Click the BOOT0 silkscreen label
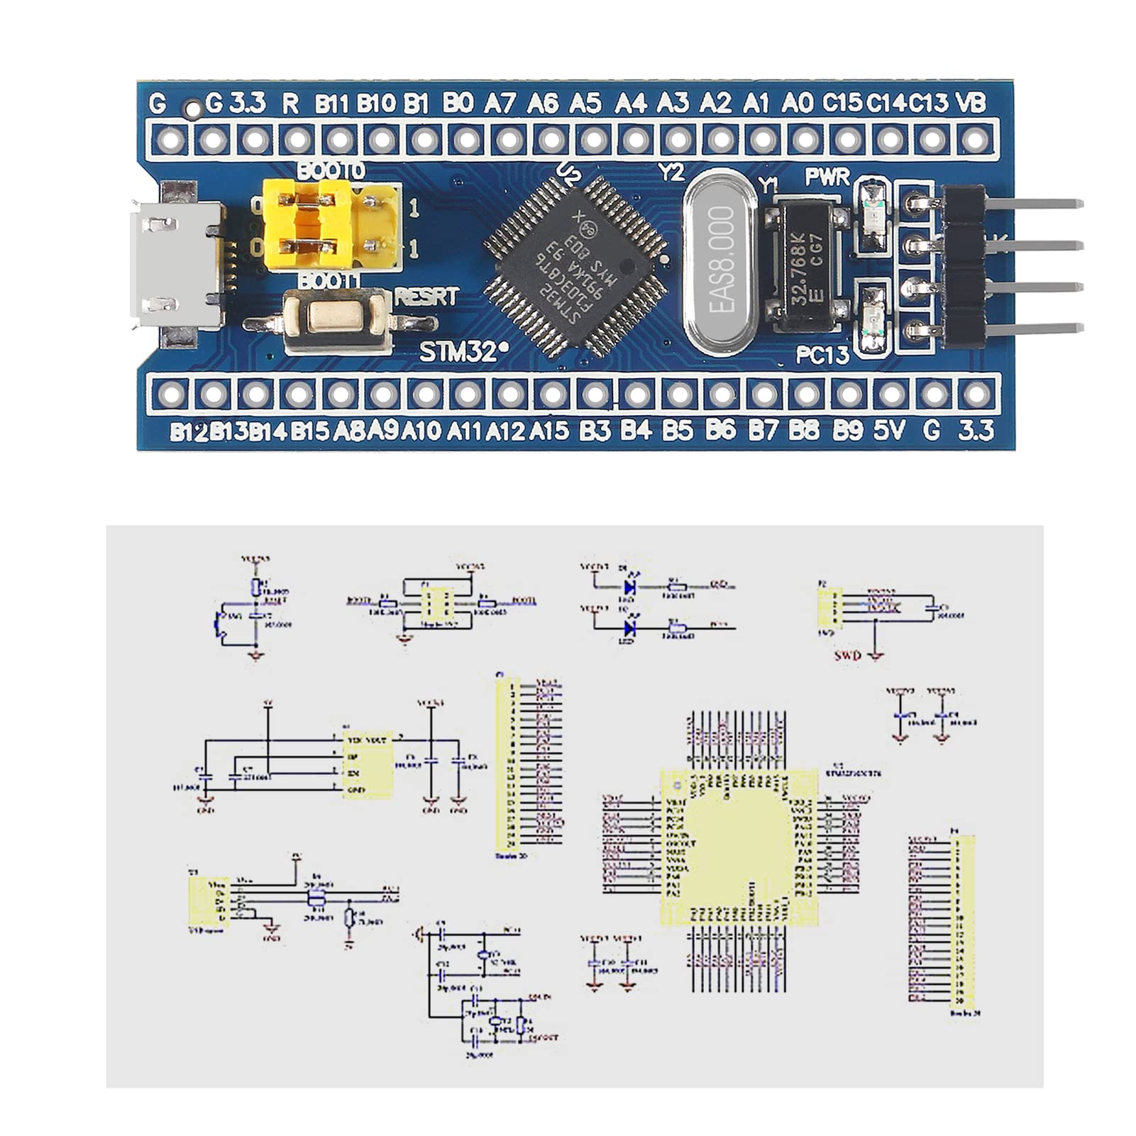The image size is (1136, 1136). pos(331,171)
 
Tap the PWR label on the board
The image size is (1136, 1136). pos(827,177)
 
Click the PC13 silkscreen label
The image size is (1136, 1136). pos(822,354)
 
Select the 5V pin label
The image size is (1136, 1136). pos(890,430)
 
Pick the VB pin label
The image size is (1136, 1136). pos(971,104)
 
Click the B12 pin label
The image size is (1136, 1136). pos(188,431)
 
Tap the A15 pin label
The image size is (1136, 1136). pos(548,430)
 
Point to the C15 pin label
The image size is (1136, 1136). pos(842,104)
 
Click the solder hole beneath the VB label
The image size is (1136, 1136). pos(975,139)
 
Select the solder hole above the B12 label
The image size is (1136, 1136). pos(171,394)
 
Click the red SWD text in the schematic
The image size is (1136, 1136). pos(848,655)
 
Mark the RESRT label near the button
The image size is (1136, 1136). pos(426,297)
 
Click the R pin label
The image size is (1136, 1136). pos(290,104)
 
